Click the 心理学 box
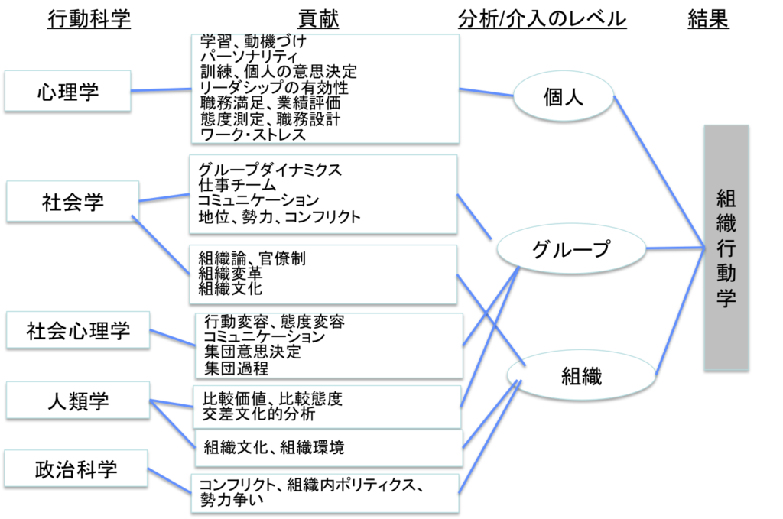pos(67,91)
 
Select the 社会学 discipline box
pos(73,201)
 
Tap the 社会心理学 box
pos(78,331)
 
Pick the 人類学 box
pos(76,401)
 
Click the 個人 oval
pos(563,97)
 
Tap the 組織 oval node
pos(581,375)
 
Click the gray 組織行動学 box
pos(726,247)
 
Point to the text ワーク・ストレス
pos(252,135)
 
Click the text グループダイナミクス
pos(269,169)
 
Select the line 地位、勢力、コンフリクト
pos(279,217)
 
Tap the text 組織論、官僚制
pos(252,258)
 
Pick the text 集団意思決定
pos(252,352)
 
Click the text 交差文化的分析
pos(258,414)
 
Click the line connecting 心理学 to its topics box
pos(161,89)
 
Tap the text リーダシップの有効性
pos(273,87)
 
